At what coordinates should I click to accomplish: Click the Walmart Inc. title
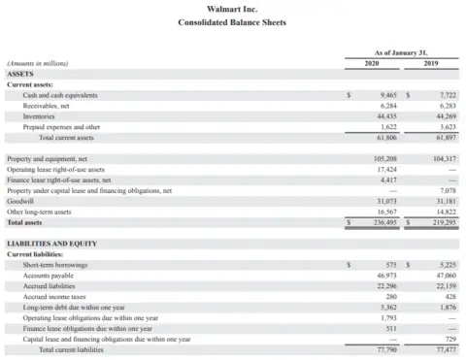[232, 9]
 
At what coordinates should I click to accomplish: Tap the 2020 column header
[371, 63]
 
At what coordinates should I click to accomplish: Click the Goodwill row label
[20, 201]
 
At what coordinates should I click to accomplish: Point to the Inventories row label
[39, 116]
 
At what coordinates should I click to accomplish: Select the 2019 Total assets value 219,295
[443, 222]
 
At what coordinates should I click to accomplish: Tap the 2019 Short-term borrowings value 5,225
[447, 264]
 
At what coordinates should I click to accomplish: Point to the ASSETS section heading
[20, 74]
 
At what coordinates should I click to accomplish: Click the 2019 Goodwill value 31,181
[445, 201]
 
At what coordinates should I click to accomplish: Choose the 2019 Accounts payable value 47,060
[445, 275]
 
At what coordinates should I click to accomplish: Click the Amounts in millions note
[36, 63]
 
